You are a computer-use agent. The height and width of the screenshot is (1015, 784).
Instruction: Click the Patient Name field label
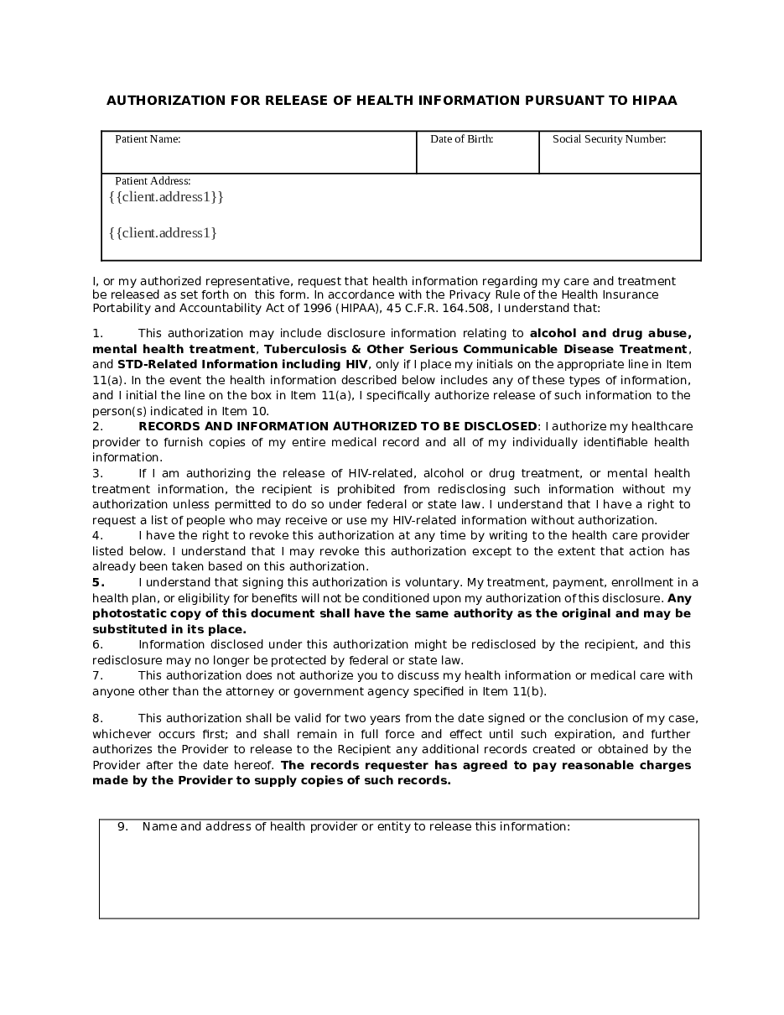148,139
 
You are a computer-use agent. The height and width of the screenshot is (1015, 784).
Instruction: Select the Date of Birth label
461,139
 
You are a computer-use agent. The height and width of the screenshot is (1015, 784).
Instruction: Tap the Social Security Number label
609,139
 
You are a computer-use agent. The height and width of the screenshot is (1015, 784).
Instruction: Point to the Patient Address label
153,180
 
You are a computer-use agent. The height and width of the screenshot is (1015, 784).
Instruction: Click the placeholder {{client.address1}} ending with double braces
166,197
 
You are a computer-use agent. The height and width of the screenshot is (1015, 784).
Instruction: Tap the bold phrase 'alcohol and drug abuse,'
610,333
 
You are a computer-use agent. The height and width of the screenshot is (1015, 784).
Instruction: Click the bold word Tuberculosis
303,349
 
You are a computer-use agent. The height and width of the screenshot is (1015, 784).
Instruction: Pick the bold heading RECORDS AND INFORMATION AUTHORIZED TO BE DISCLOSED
337,426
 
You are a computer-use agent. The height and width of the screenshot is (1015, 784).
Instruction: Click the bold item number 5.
98,582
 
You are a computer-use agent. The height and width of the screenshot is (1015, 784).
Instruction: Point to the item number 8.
97,718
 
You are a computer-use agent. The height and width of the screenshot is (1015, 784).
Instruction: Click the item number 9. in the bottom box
122,826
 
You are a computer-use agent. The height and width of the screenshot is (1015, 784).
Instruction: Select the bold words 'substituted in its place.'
169,629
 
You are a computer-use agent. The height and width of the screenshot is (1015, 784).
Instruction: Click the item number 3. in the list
97,473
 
